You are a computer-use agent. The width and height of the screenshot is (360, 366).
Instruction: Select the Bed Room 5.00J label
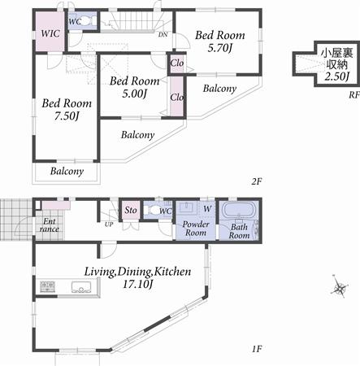[134, 87]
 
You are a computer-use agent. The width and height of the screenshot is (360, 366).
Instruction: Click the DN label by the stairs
[163, 34]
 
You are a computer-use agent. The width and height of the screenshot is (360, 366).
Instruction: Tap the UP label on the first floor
[109, 224]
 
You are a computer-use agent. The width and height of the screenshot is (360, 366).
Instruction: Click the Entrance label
[49, 225]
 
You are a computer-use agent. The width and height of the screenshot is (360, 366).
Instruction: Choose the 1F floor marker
[256, 350]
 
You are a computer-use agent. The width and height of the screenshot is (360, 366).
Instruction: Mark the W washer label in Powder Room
[207, 207]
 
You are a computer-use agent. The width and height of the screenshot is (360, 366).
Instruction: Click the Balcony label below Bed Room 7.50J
[67, 172]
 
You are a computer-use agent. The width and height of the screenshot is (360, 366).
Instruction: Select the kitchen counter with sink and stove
[65, 287]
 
